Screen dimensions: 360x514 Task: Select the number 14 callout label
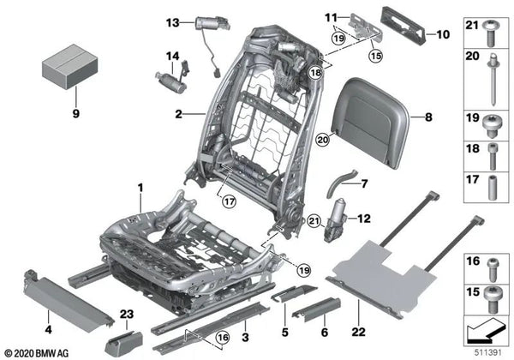coord(172,58)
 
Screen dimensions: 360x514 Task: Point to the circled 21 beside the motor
coord(314,223)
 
